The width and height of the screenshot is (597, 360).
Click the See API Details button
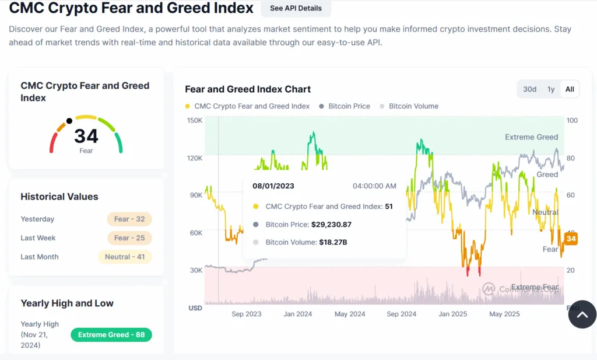click(296, 8)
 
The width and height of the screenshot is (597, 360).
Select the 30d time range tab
click(529, 89)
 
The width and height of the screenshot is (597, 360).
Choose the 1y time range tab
click(550, 89)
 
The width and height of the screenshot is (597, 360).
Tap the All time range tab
click(570, 89)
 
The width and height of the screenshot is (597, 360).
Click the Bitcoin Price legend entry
click(349, 106)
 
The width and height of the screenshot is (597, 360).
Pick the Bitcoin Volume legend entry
click(413, 106)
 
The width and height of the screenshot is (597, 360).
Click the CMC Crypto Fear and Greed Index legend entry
click(251, 106)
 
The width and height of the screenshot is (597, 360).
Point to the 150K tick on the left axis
click(194, 120)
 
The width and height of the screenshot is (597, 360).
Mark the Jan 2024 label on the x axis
click(297, 314)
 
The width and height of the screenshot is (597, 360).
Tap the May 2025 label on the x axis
click(504, 314)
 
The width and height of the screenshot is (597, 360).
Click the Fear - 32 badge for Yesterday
click(129, 219)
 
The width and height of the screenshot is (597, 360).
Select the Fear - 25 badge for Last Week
click(129, 238)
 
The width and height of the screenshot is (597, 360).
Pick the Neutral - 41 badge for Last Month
click(125, 257)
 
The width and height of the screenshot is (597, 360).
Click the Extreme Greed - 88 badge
click(111, 335)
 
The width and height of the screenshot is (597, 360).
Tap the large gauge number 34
click(86, 137)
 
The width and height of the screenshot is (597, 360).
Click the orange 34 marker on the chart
click(571, 239)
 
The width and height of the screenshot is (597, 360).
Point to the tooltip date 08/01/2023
click(273, 186)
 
